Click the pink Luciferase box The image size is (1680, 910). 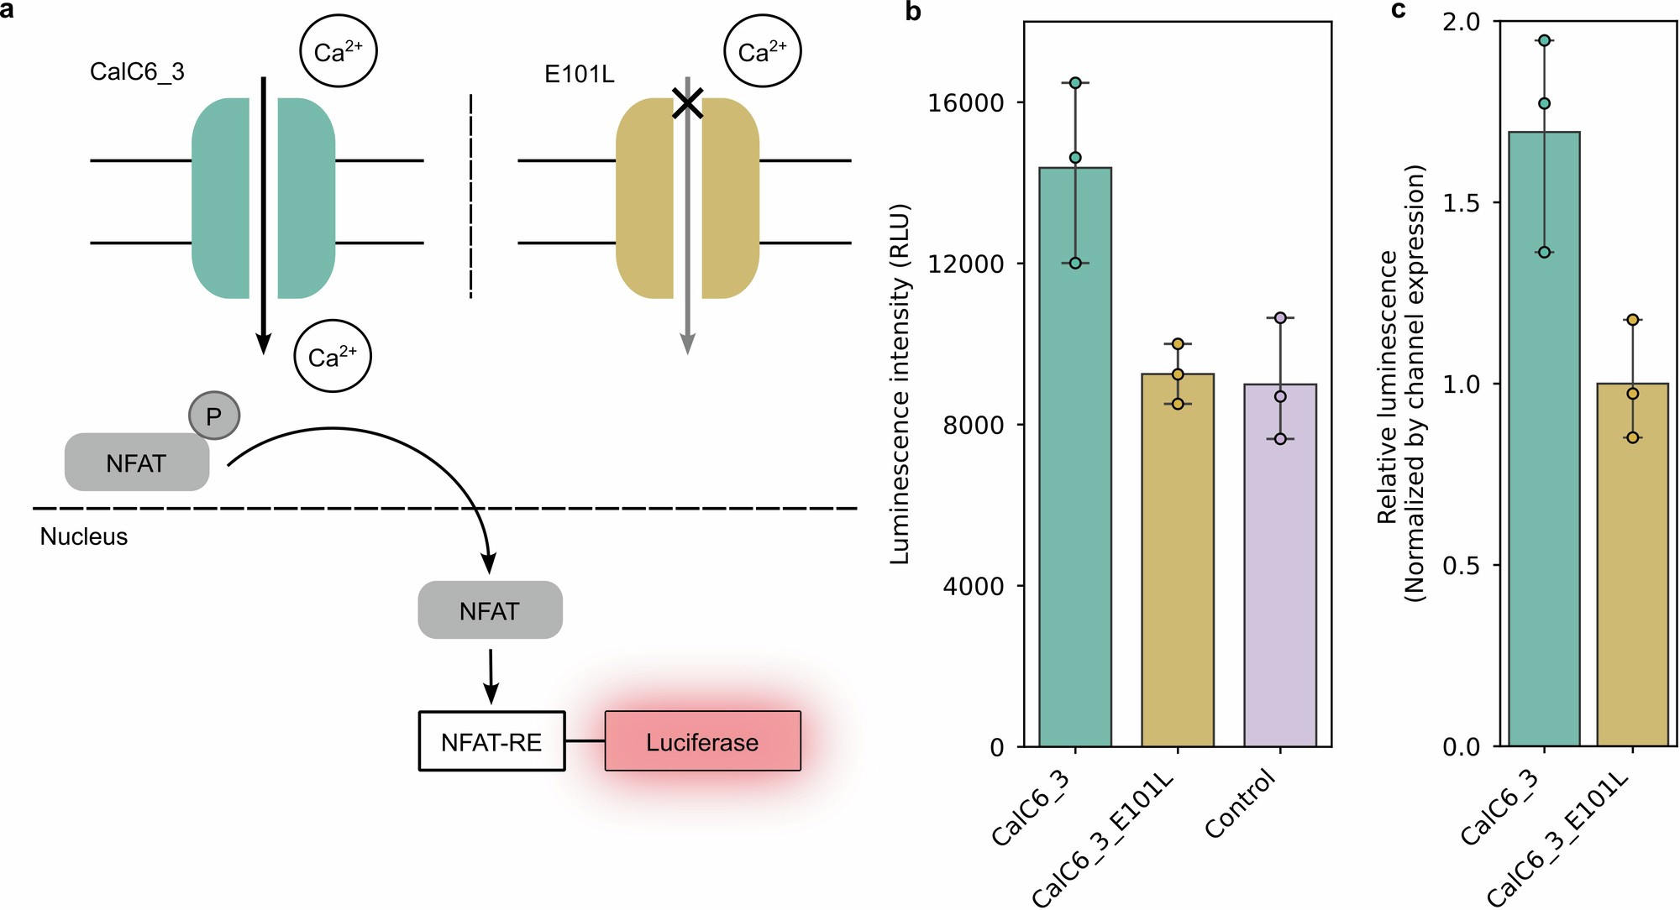click(702, 741)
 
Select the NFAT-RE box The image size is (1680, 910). click(491, 741)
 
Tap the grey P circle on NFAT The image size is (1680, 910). click(214, 416)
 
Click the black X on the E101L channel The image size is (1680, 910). click(688, 105)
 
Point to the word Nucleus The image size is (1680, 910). click(84, 537)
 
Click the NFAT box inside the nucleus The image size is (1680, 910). click(490, 610)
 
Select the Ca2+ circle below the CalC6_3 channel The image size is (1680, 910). click(333, 357)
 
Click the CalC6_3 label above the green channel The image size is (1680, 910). click(137, 72)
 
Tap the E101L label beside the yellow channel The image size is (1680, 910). click(580, 75)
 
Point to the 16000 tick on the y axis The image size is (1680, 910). click(966, 103)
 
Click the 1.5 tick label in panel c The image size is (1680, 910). click(1462, 203)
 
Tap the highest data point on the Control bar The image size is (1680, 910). click(1280, 318)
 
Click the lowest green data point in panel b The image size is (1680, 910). click(1075, 264)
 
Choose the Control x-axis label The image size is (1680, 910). click(1241, 805)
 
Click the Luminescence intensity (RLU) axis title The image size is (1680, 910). click(900, 384)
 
